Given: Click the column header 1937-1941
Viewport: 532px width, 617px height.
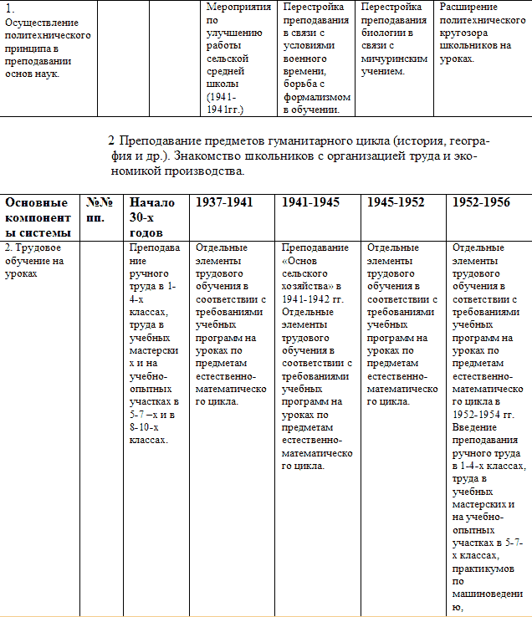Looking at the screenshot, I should pyautogui.click(x=223, y=202).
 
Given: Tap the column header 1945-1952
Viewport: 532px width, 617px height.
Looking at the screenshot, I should pyautogui.click(x=396, y=202).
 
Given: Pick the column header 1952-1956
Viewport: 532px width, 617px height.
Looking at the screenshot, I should pyautogui.click(x=481, y=202).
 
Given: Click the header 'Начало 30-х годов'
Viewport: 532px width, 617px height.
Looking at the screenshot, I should pyautogui.click(x=151, y=217).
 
